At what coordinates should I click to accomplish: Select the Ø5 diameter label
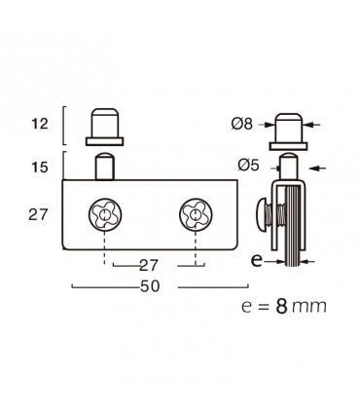pyautogui.click(x=247, y=166)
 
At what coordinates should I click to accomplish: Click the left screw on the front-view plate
pyautogui.click(x=103, y=214)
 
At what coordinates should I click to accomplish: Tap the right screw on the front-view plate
pyautogui.click(x=194, y=214)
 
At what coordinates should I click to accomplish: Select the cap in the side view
pyautogui.click(x=288, y=127)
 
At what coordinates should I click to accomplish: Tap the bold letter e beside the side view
pyautogui.click(x=258, y=261)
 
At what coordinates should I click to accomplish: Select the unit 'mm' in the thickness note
pyautogui.click(x=312, y=307)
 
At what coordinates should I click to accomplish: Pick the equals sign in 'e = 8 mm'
pyautogui.click(x=262, y=307)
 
